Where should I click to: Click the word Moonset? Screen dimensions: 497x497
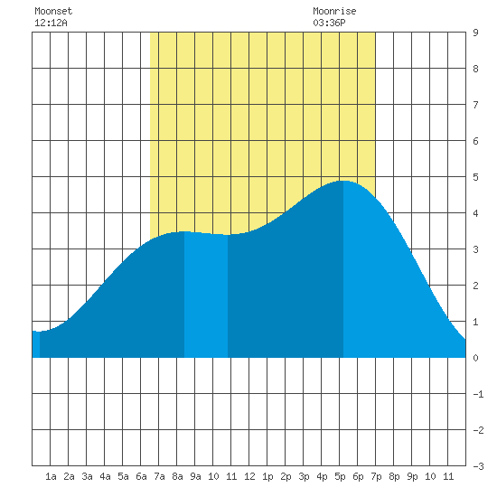pyautogui.click(x=53, y=11)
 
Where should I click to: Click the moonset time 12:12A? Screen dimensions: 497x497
pyautogui.click(x=51, y=23)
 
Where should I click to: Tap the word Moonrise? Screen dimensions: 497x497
pyautogui.click(x=334, y=11)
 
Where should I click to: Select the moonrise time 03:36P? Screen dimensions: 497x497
pyautogui.click(x=329, y=23)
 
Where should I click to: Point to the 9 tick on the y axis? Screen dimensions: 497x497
pyautogui.click(x=475, y=33)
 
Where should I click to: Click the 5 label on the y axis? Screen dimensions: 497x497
pyautogui.click(x=475, y=177)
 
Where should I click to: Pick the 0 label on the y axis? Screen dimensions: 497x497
pyautogui.click(x=475, y=358)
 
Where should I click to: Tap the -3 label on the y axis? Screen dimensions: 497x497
pyautogui.click(x=478, y=466)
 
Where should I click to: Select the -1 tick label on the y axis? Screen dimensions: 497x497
pyautogui.click(x=478, y=394)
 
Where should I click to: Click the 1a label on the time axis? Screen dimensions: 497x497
pyautogui.click(x=51, y=476)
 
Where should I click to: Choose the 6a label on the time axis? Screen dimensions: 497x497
pyautogui.click(x=141, y=476)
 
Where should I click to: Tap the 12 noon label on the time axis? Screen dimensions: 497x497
pyautogui.click(x=249, y=476)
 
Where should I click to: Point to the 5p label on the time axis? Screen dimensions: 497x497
pyautogui.click(x=340, y=476)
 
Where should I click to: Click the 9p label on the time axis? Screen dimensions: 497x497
pyautogui.click(x=412, y=476)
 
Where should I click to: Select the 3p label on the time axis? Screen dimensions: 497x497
pyautogui.click(x=304, y=476)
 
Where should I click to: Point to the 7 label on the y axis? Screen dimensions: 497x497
pyautogui.click(x=475, y=105)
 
